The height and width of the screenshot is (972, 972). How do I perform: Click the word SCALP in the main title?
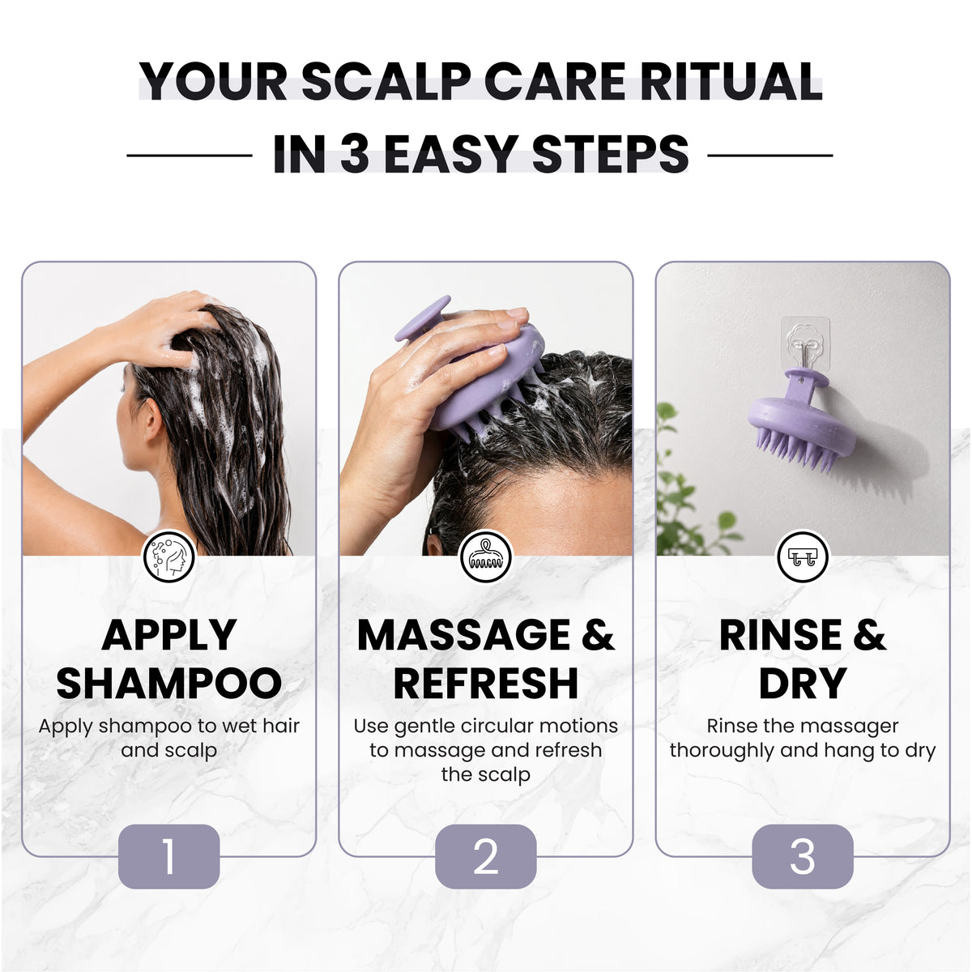coord(386,81)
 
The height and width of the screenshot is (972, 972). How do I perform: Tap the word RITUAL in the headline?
coord(731,81)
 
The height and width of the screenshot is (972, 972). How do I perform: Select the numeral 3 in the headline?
coord(355,154)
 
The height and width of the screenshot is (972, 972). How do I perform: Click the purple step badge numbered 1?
coord(169,856)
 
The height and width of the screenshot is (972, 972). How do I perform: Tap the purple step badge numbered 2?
coord(486,856)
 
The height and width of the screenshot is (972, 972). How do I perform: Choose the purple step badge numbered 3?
coord(803,856)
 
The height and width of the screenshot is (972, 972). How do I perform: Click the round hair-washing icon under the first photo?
coord(169,556)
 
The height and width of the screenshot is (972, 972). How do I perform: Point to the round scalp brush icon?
coord(486,556)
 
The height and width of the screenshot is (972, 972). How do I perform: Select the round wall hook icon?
coord(803,556)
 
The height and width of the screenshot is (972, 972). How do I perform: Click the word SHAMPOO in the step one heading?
coord(169,683)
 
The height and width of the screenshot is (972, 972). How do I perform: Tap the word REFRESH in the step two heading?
coord(486,683)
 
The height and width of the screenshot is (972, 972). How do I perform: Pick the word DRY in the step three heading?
coord(803,683)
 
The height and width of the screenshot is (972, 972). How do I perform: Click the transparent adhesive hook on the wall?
coord(805,346)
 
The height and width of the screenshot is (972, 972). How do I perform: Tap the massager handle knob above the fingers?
coord(422,318)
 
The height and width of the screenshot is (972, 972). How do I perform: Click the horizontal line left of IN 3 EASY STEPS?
coord(190,156)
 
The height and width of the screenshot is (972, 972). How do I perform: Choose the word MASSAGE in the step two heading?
coord(463,634)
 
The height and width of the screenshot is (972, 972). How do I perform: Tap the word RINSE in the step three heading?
coord(780,634)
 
